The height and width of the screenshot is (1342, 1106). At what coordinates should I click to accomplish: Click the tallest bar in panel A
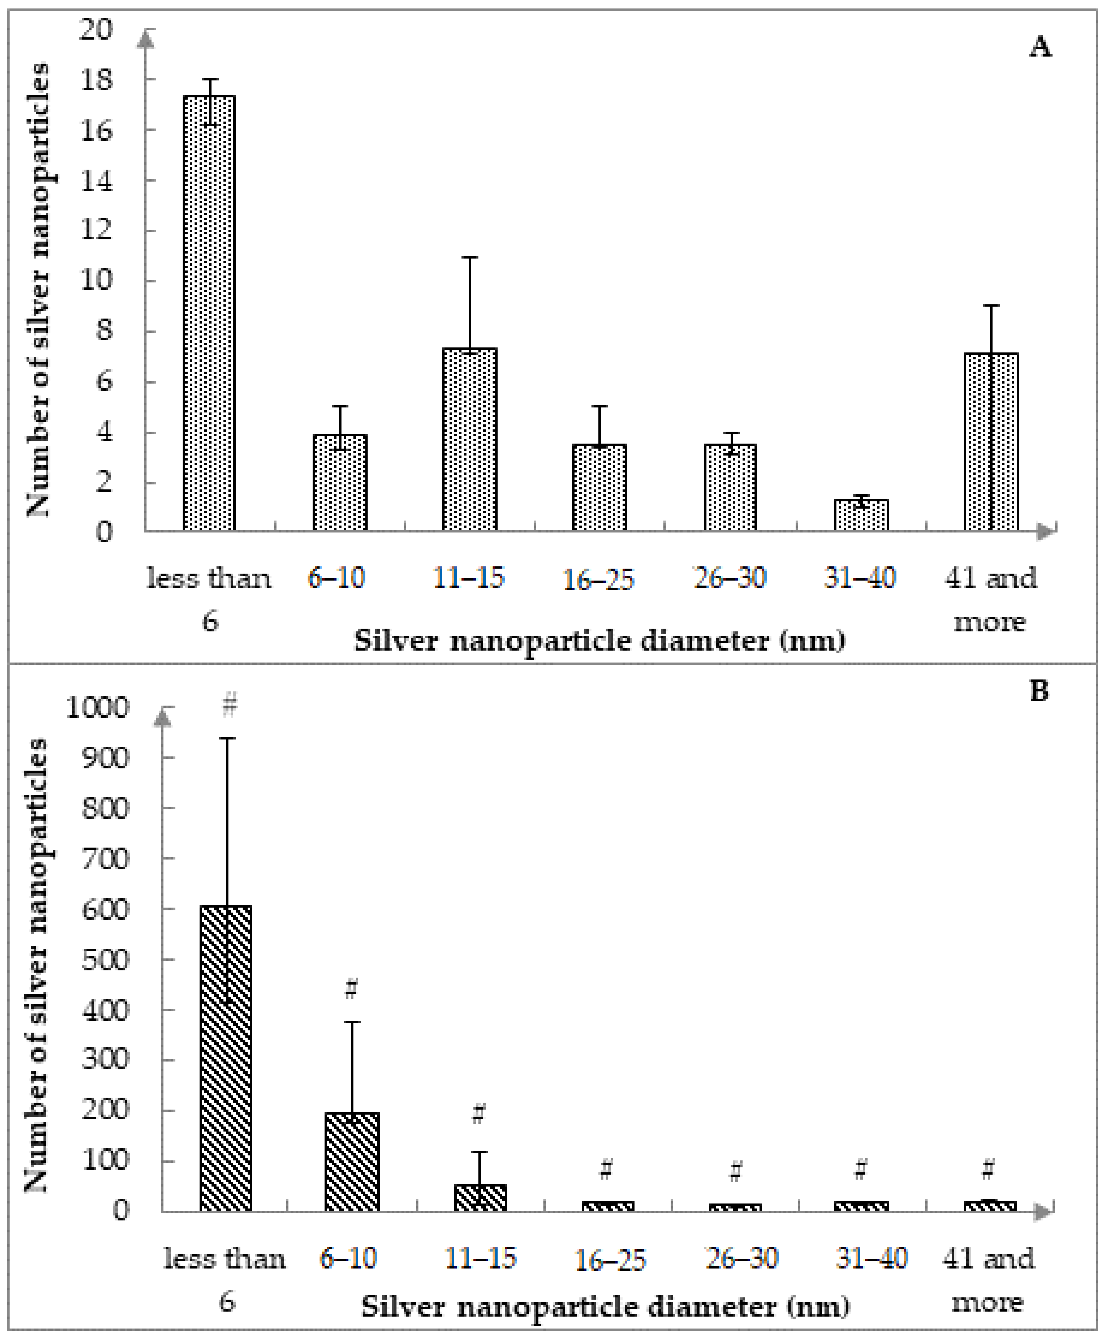(x=209, y=312)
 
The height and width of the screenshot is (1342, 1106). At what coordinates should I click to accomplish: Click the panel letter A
(x=1040, y=47)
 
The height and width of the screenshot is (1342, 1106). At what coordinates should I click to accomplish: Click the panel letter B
(x=1038, y=691)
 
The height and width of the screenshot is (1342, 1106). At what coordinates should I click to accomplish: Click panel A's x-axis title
(x=599, y=641)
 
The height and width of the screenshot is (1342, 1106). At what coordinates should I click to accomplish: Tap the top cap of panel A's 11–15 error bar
(x=470, y=257)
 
